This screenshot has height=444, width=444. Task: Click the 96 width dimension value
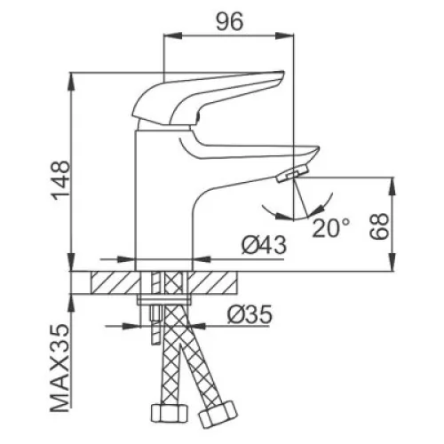point(230,21)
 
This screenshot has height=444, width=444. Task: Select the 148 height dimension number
point(60,180)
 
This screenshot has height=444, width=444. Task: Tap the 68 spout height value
point(378,226)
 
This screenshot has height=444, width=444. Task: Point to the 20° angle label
point(331,228)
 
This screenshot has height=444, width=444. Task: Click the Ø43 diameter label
point(264,245)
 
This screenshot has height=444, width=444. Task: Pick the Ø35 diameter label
point(250,314)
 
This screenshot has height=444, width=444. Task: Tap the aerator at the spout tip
point(292,174)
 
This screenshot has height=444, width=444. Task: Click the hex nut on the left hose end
point(170,414)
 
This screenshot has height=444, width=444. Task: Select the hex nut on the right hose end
point(218,415)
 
